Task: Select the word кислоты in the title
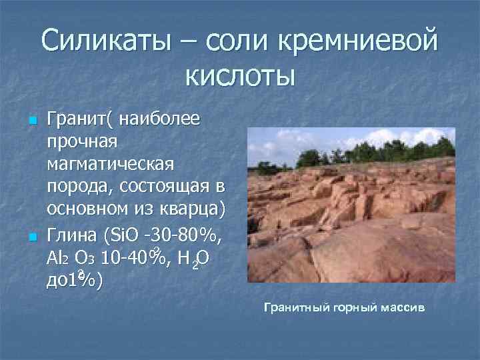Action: pos(240,75)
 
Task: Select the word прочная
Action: pos(82,141)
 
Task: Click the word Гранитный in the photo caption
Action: pos(298,307)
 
